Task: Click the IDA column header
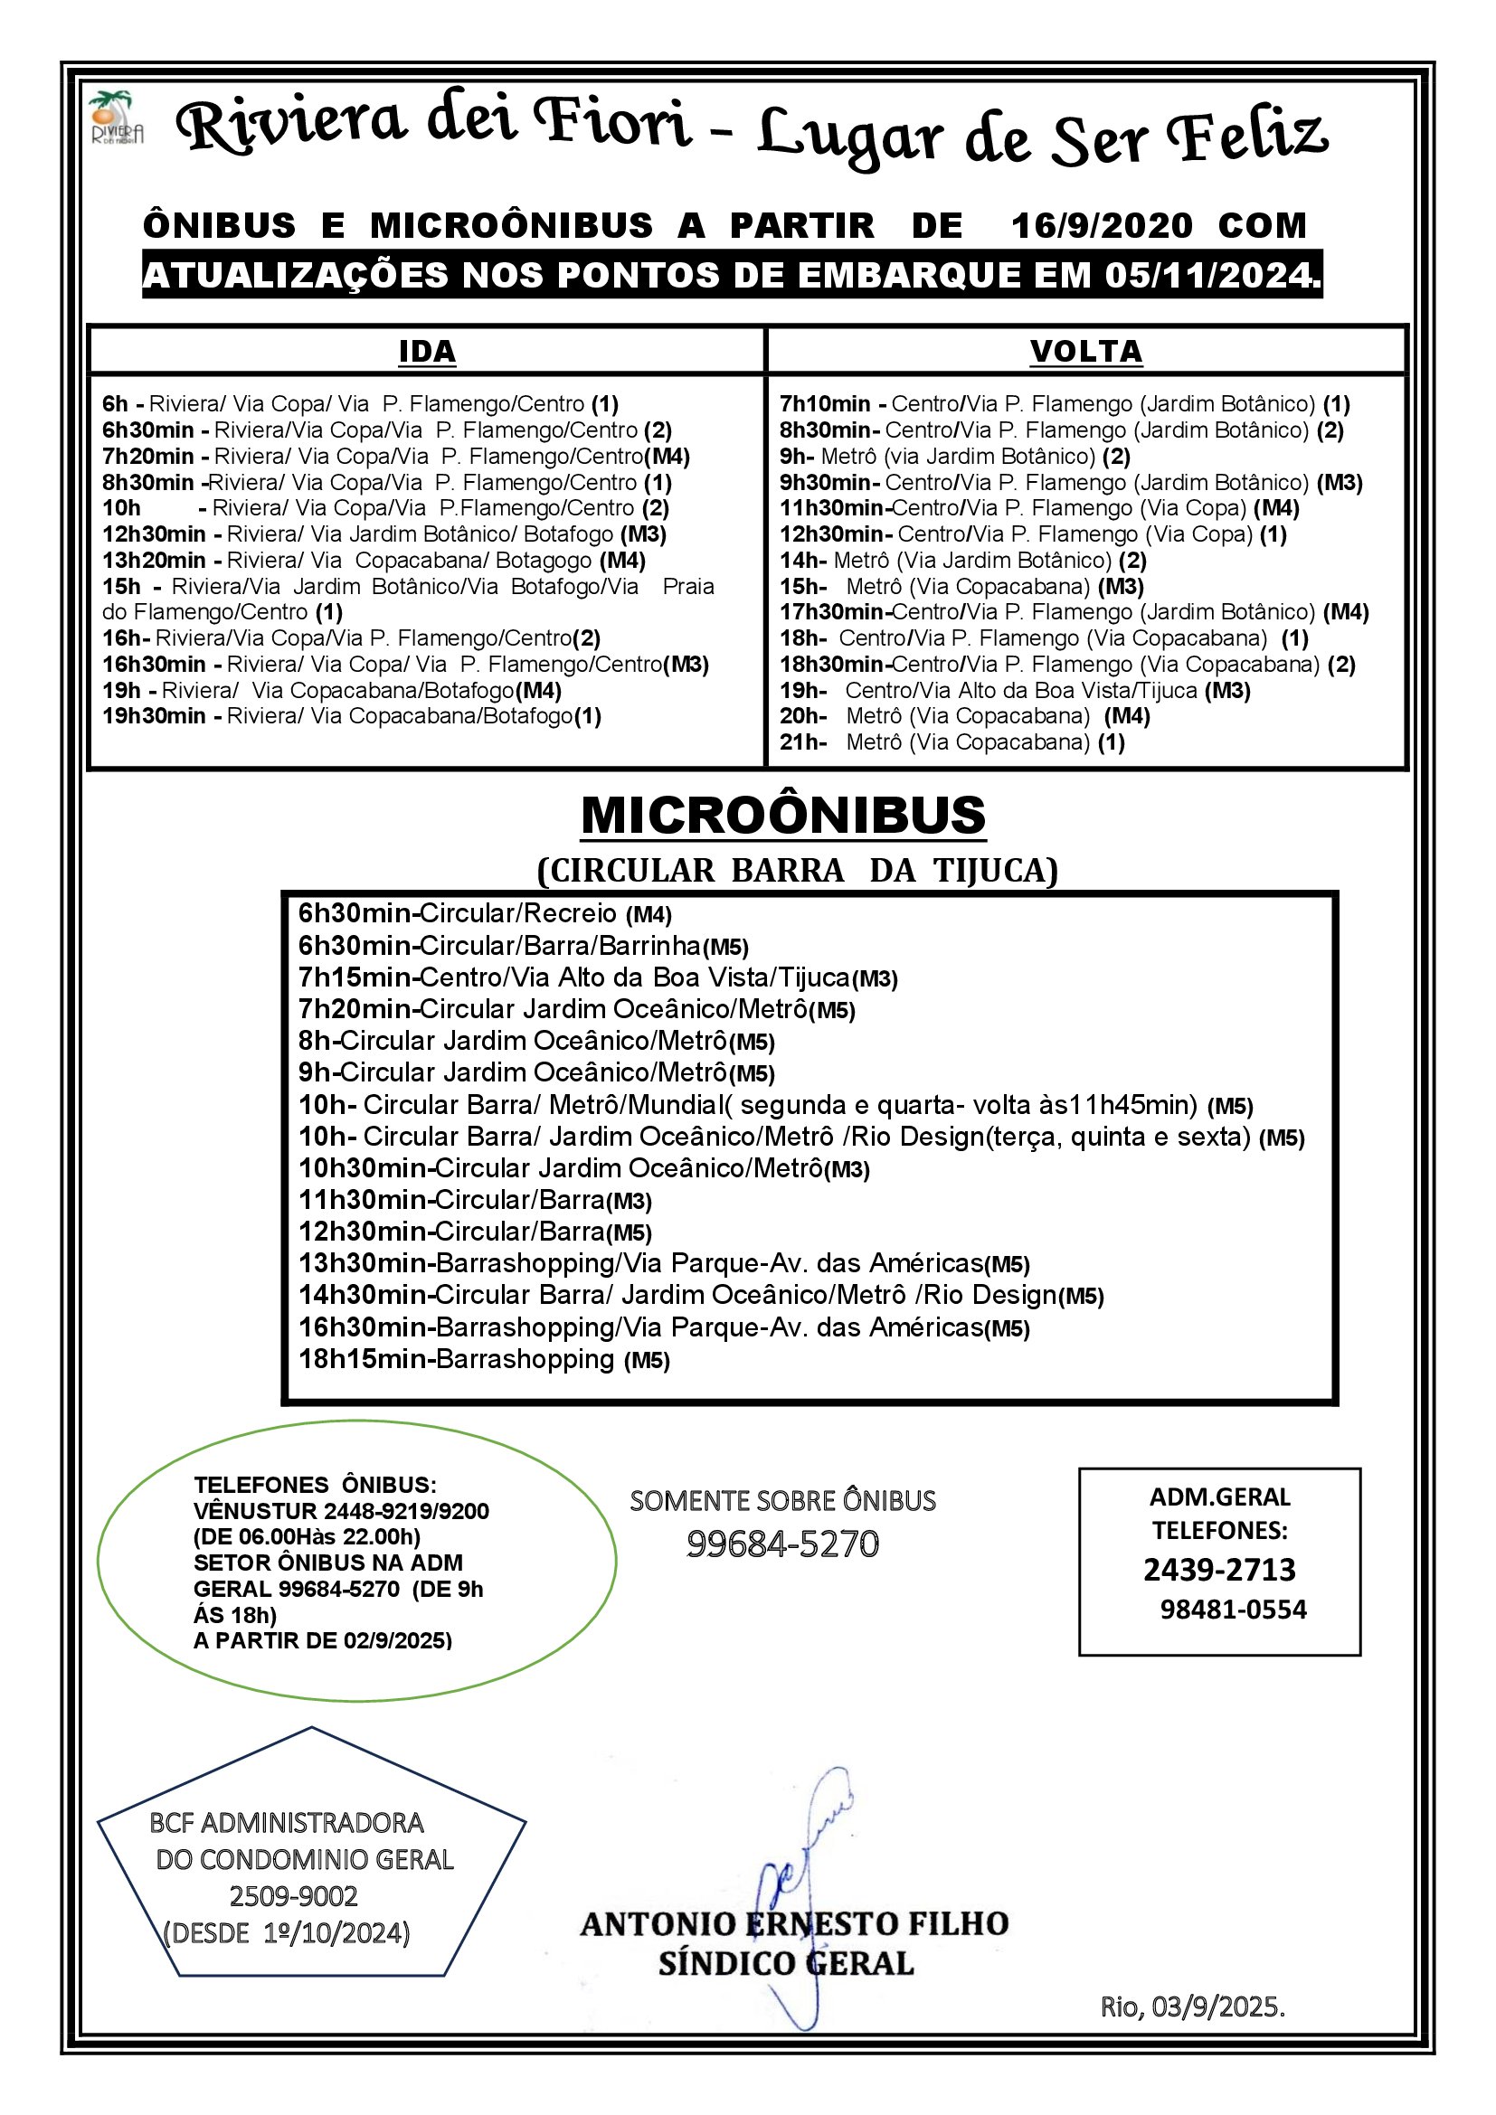427,352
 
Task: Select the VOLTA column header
1085,352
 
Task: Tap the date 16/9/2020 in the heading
1101,226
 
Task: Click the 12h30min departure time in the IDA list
154,534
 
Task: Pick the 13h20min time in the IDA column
154,560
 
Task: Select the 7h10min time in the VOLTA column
825,404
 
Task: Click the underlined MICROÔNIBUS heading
783,817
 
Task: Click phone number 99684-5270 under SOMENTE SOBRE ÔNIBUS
782,1544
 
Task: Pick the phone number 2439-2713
1218,1570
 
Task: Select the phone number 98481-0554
1233,1610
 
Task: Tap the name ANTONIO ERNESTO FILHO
793,1924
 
